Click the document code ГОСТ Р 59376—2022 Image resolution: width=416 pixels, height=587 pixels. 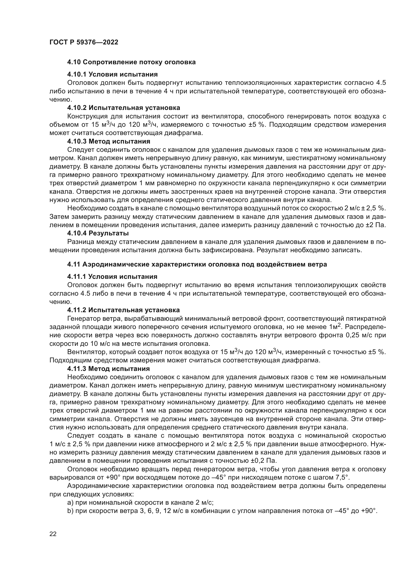click(x=84, y=42)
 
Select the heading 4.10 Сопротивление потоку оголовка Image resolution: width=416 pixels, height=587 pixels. click(x=131, y=62)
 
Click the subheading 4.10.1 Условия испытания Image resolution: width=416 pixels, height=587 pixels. click(x=112, y=74)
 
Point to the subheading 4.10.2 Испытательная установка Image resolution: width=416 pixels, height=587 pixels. click(x=123, y=108)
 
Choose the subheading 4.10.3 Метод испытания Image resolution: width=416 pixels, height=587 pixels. click(x=109, y=141)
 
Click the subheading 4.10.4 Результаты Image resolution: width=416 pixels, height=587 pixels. click(x=98, y=233)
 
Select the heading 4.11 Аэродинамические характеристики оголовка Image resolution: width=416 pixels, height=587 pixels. click(x=197, y=264)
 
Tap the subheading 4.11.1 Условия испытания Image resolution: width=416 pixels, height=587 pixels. click(x=112, y=277)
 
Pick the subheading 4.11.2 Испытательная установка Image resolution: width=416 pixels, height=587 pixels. click(x=123, y=310)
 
